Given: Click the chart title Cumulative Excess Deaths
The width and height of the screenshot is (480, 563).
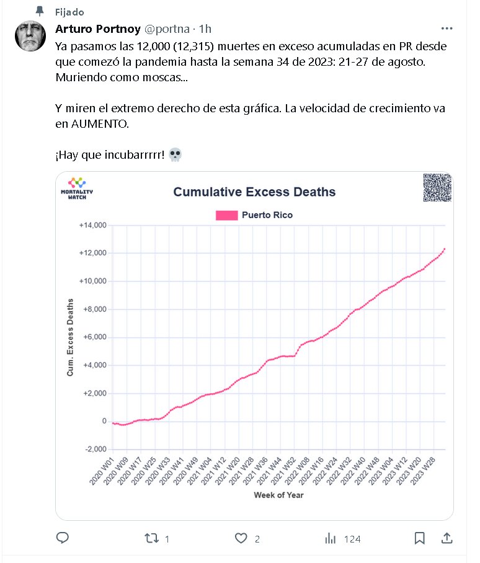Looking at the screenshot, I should pos(254,192).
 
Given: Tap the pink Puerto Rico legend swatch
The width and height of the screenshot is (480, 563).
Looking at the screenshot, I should pos(226,215).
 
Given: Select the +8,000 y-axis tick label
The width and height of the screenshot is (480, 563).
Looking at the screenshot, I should pos(94,309).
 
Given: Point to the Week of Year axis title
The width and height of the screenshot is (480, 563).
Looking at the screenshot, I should pos(278,495).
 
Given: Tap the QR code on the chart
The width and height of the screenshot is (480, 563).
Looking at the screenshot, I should pos(437,187).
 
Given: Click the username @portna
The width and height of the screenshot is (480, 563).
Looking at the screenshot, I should pos(167,29).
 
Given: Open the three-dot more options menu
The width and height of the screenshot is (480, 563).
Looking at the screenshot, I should pos(447,29).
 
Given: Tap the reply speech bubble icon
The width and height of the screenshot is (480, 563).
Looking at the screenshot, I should pos(62,538).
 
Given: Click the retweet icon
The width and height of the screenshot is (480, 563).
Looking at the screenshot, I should pos(151,538).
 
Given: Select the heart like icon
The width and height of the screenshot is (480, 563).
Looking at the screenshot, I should pos(241,538).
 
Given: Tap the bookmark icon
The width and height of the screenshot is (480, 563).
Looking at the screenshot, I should pos(419,538).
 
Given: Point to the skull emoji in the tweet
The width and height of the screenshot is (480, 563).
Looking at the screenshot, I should pos(174,154).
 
